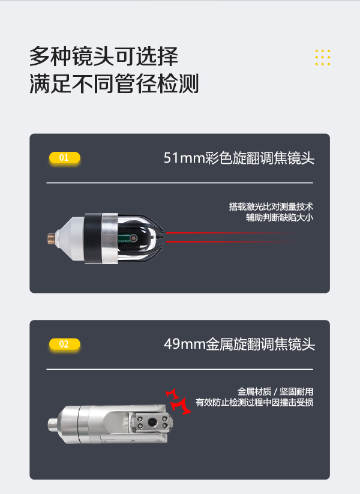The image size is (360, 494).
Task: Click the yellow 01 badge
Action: click(65, 157)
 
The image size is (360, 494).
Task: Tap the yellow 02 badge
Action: click(65, 344)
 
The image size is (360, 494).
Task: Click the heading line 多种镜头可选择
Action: click(104, 56)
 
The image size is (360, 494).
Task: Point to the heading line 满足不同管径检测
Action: click(114, 83)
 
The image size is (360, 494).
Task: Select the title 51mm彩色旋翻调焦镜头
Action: click(239, 158)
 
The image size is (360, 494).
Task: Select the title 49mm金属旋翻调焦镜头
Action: click(239, 344)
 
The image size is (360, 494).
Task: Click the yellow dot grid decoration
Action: click(323, 58)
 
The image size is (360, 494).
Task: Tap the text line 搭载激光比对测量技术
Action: click(271, 206)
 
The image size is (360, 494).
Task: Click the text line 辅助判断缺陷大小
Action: click(280, 217)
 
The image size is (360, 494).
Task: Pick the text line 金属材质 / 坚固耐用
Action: click(275, 391)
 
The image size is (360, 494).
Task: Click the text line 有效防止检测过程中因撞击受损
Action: click(254, 402)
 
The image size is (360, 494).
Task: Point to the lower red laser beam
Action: click(232, 242)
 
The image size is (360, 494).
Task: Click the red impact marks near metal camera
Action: click(178, 402)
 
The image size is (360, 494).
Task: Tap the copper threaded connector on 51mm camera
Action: click(52, 238)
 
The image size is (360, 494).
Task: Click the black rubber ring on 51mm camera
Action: click(93, 238)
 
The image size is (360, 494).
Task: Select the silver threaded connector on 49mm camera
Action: click(54, 424)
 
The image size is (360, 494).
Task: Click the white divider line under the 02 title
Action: click(180, 369)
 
